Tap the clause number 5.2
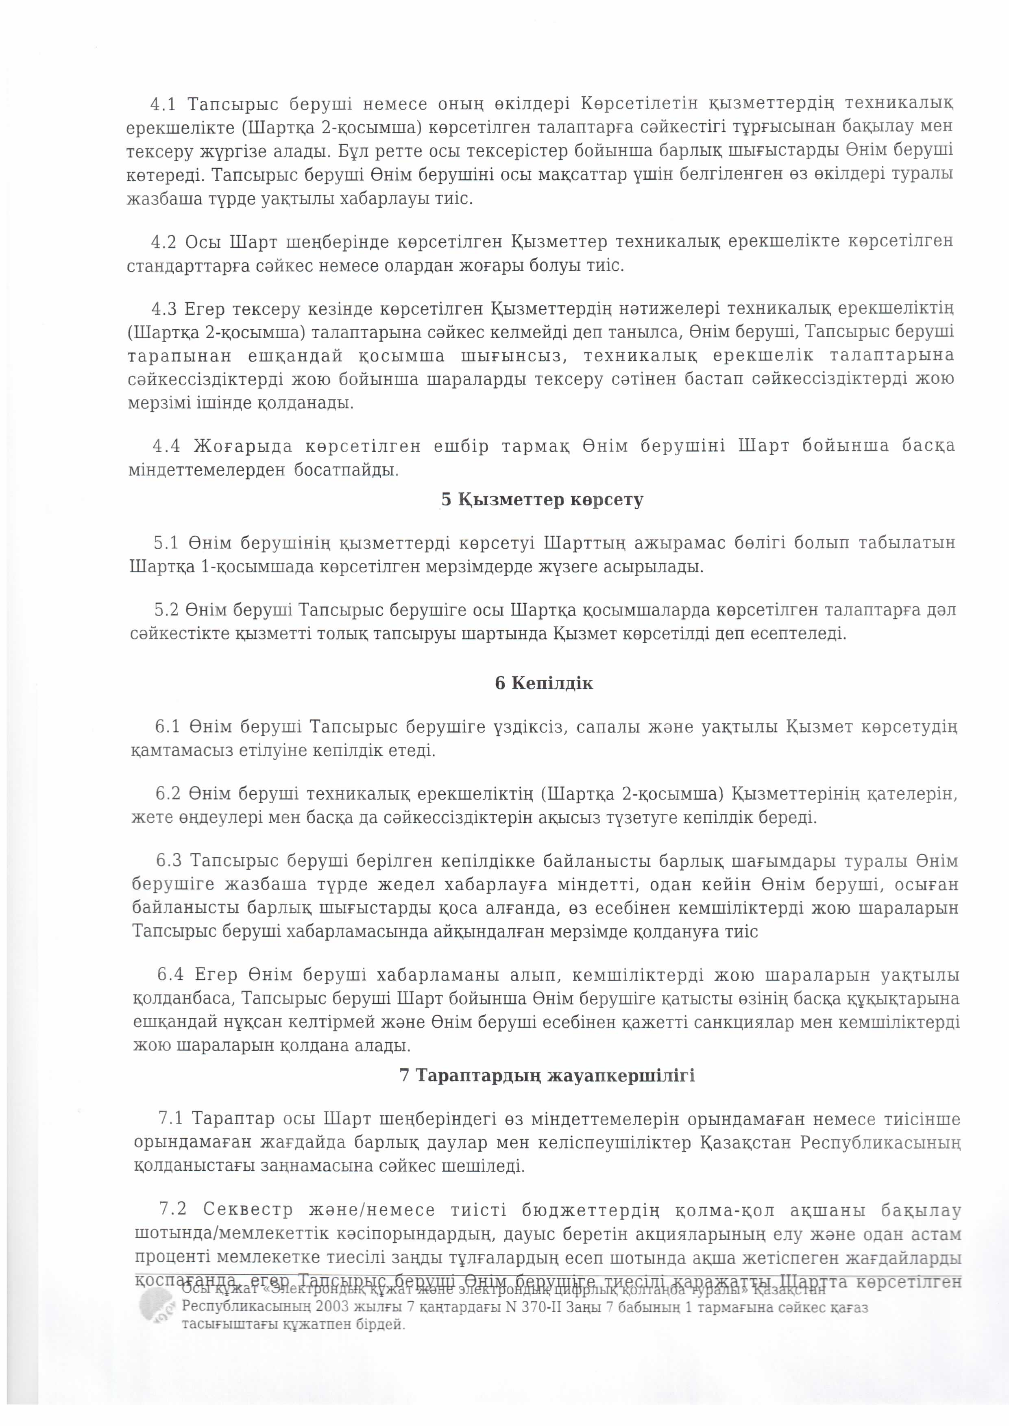point(167,610)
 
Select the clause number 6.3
point(169,861)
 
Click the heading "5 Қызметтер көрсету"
point(542,500)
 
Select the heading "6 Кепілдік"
point(544,684)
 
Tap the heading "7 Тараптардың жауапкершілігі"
point(547,1075)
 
